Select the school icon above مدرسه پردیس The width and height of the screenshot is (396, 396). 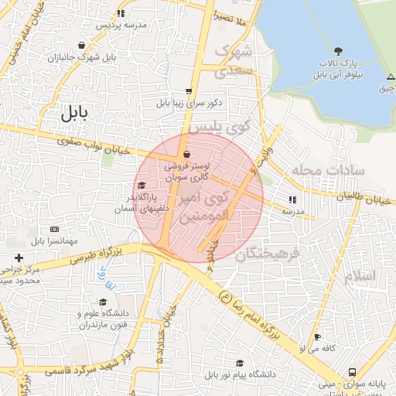(x=121, y=13)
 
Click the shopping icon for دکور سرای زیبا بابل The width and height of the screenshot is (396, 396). (x=189, y=90)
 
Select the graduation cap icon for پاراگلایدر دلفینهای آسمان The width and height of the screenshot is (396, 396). (x=142, y=186)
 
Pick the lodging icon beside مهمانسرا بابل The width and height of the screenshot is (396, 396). (x=54, y=230)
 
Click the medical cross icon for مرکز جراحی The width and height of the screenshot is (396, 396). (x=19, y=257)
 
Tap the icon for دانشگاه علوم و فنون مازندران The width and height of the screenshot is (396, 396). (x=103, y=302)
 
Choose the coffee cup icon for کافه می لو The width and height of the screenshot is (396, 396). (x=317, y=337)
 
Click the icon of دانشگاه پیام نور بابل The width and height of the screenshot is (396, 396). (x=240, y=363)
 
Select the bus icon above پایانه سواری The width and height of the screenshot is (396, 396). (x=352, y=371)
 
